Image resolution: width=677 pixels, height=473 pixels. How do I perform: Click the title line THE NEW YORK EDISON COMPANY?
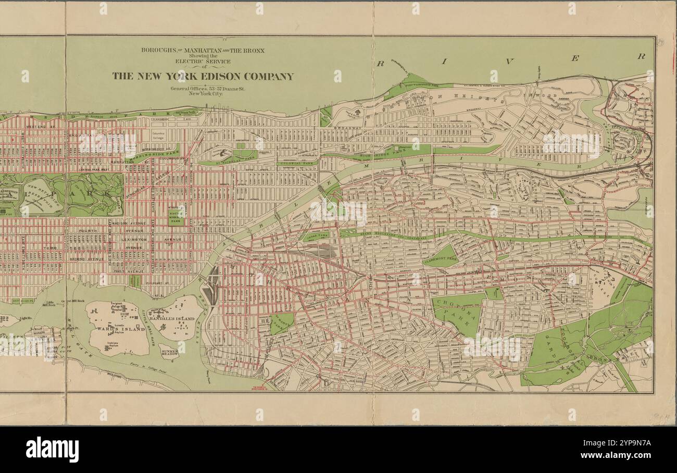pos(203,76)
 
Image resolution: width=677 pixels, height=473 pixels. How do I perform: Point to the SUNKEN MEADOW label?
pos(169,353)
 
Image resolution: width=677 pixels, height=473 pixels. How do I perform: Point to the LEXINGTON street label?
pos(121,240)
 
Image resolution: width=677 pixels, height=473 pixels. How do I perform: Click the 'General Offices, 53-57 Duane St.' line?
pos(203,89)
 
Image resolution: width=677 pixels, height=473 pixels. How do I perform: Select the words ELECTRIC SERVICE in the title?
pos(203,61)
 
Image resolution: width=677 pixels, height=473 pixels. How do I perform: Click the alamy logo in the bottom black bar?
pos(52,450)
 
